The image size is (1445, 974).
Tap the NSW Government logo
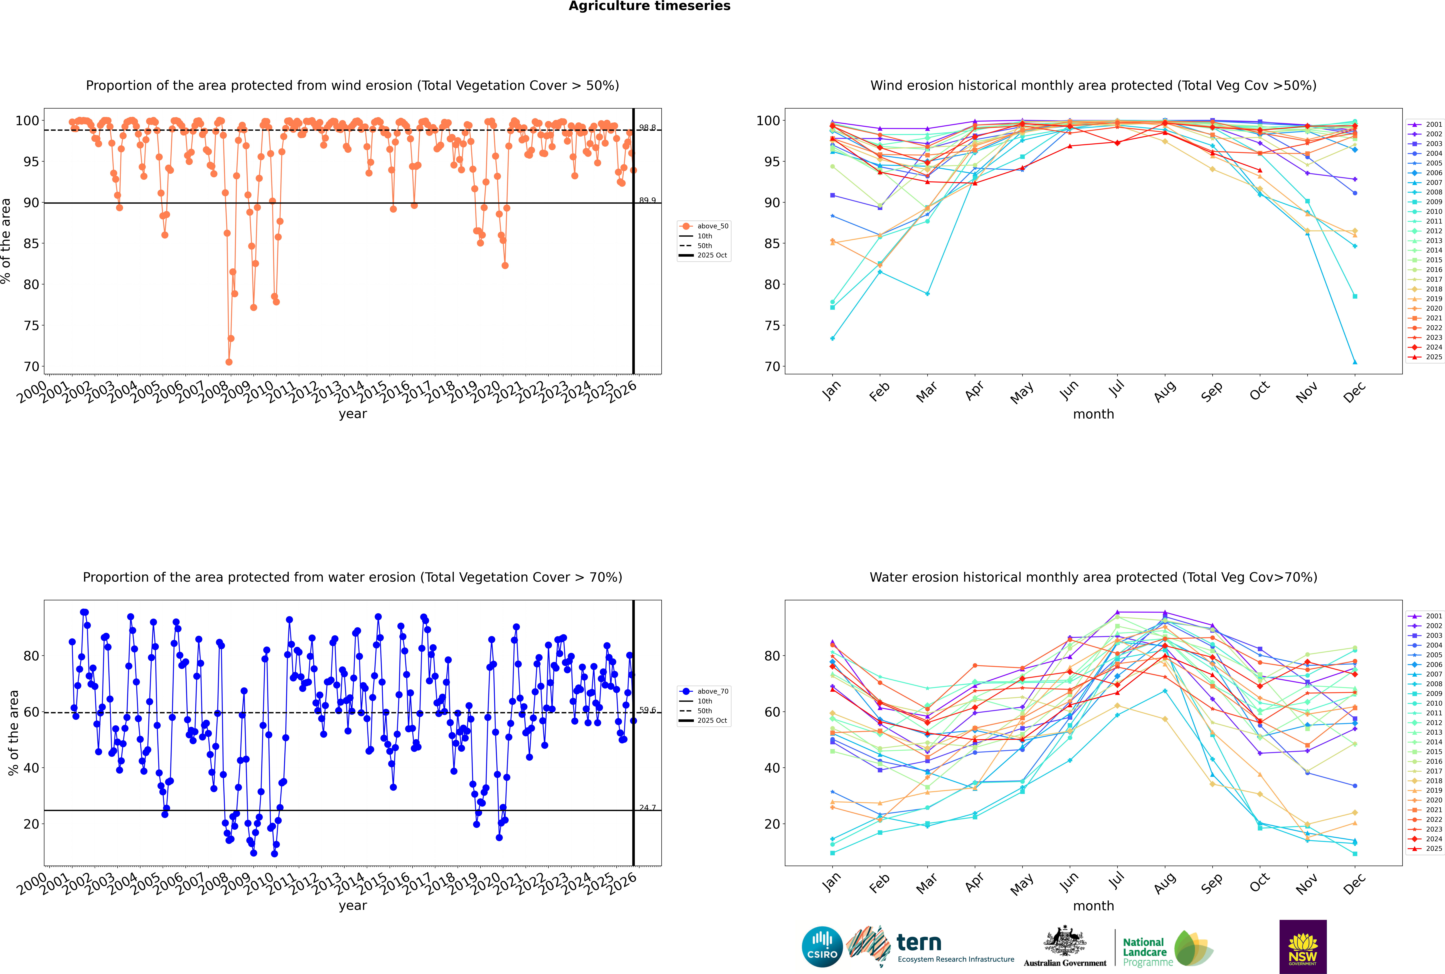1303,946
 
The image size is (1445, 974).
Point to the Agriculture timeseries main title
649,6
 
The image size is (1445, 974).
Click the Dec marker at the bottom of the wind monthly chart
1355,362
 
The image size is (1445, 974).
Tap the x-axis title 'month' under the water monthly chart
1093,906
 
